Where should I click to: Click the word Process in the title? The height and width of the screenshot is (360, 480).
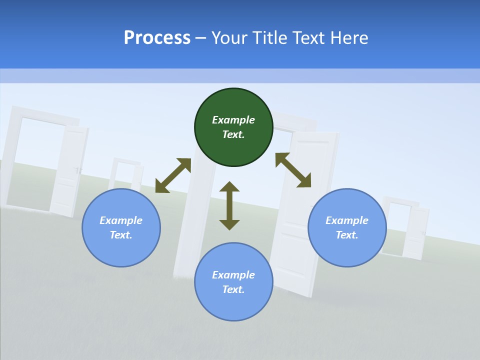pos(157,38)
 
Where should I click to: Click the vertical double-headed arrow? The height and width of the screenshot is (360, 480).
pos(229,205)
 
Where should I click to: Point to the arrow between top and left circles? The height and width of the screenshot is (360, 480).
pos(173,175)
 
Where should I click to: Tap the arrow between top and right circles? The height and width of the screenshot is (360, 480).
pos(293,170)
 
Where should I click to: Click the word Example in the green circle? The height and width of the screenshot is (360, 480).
pos(233,120)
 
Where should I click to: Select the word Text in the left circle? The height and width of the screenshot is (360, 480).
pos(121,235)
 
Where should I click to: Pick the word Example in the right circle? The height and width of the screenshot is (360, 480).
pos(347,220)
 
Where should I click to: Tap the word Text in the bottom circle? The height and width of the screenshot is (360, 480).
pos(233,289)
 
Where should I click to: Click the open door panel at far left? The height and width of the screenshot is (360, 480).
pos(70,170)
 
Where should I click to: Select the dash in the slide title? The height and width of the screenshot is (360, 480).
pos(200,38)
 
